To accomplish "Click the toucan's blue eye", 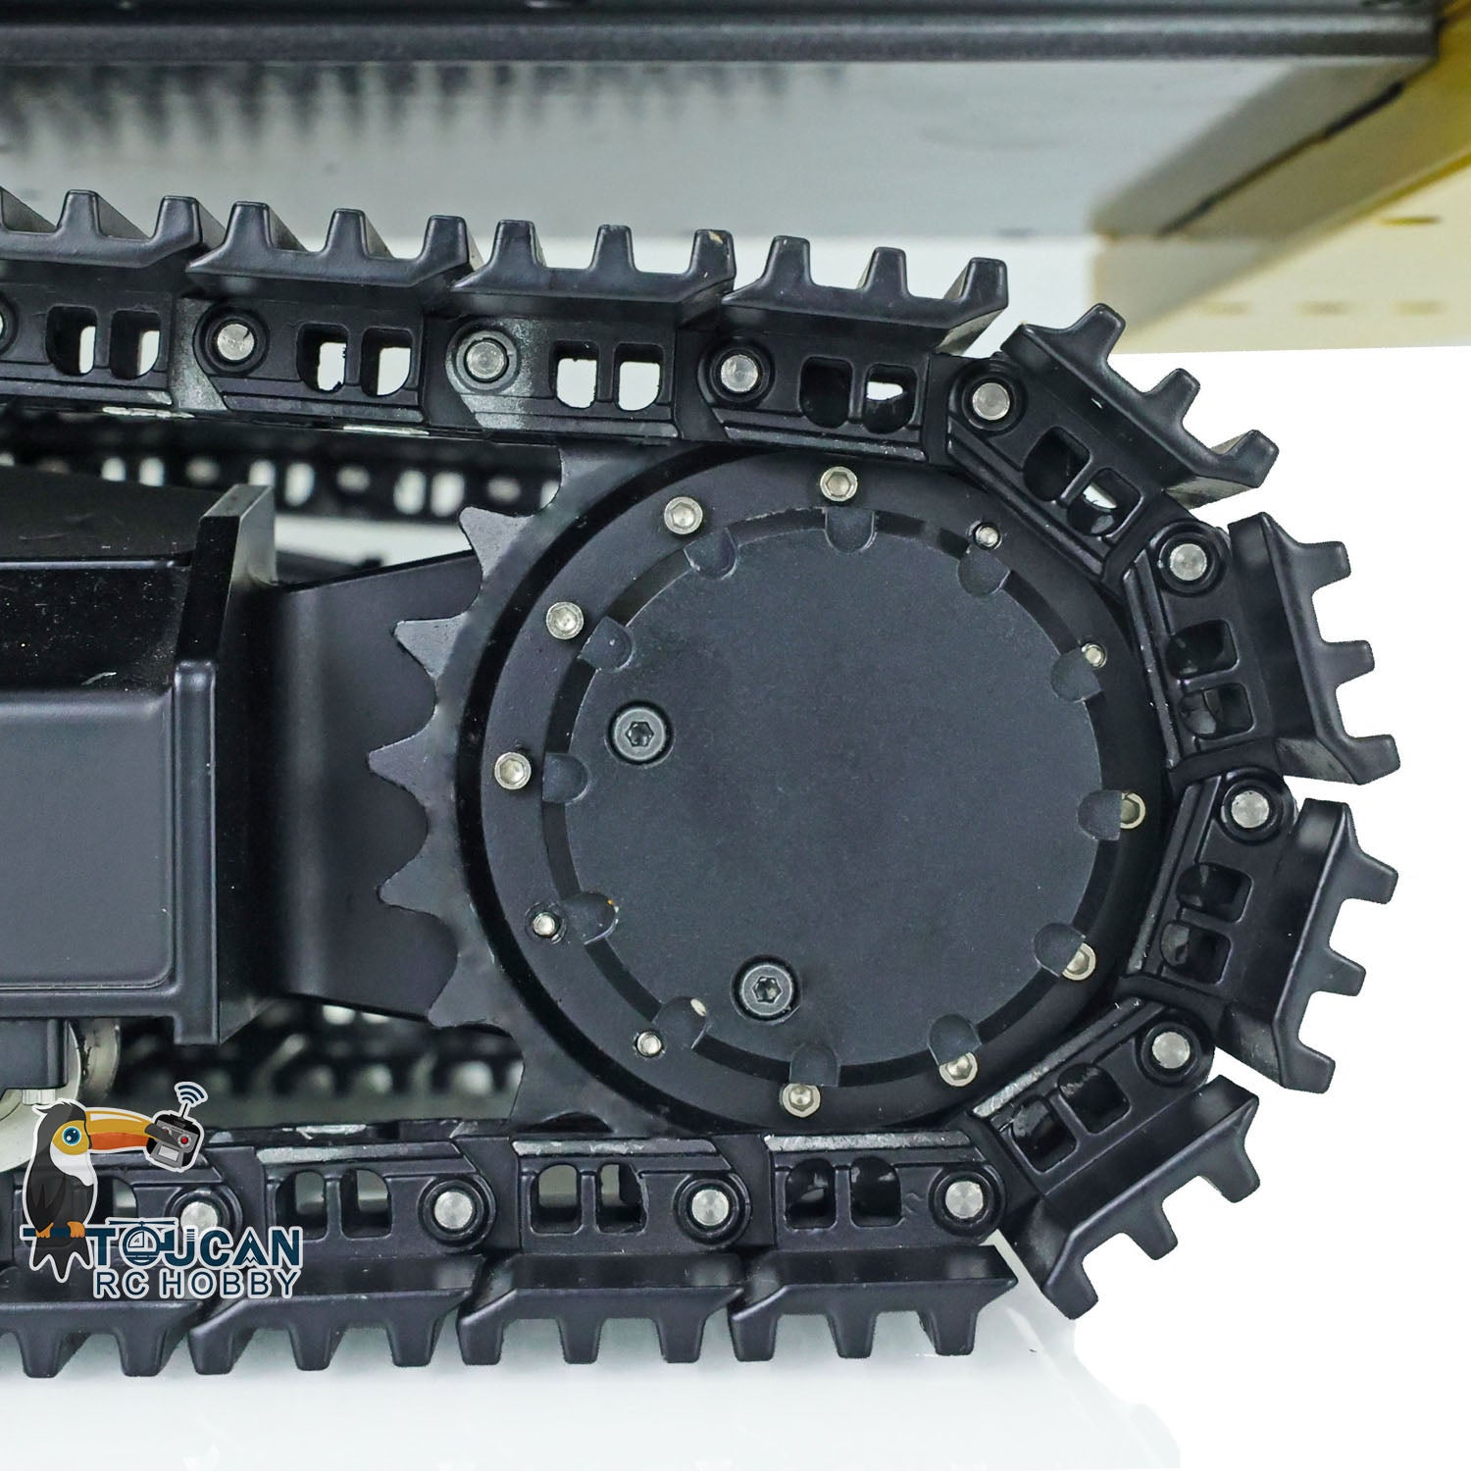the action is (71, 1134).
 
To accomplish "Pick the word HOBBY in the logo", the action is (233, 1283).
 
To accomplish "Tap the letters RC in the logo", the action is (132, 1283).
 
